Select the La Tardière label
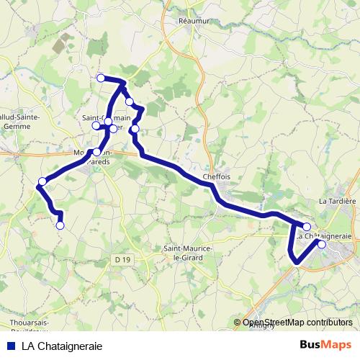[338, 201]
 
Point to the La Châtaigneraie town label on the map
[323, 235]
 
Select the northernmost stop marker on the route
[101, 78]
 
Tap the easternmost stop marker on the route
[322, 245]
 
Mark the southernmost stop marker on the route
[60, 225]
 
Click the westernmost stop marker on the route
[42, 181]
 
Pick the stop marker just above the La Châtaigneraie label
[307, 227]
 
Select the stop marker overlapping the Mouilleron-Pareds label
[96, 152]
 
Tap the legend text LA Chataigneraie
[62, 346]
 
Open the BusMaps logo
[325, 345]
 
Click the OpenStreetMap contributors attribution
[297, 323]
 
